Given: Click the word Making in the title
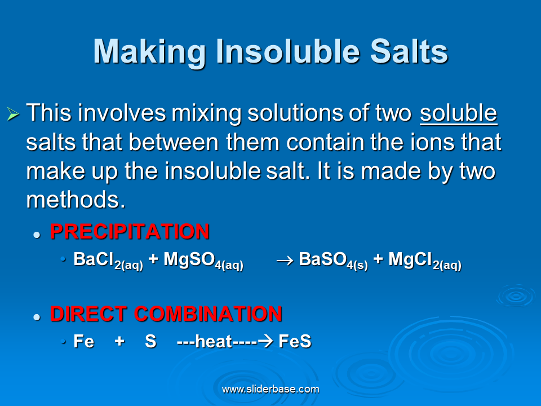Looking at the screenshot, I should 149,52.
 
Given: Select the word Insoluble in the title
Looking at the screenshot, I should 288,52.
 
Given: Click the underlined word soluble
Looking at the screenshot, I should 458,113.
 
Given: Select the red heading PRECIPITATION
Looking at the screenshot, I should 130,232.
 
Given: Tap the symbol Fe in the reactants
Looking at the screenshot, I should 84,342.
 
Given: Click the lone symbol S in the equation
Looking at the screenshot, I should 150,342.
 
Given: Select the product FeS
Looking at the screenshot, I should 295,342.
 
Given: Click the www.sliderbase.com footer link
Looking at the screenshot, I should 270,389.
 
